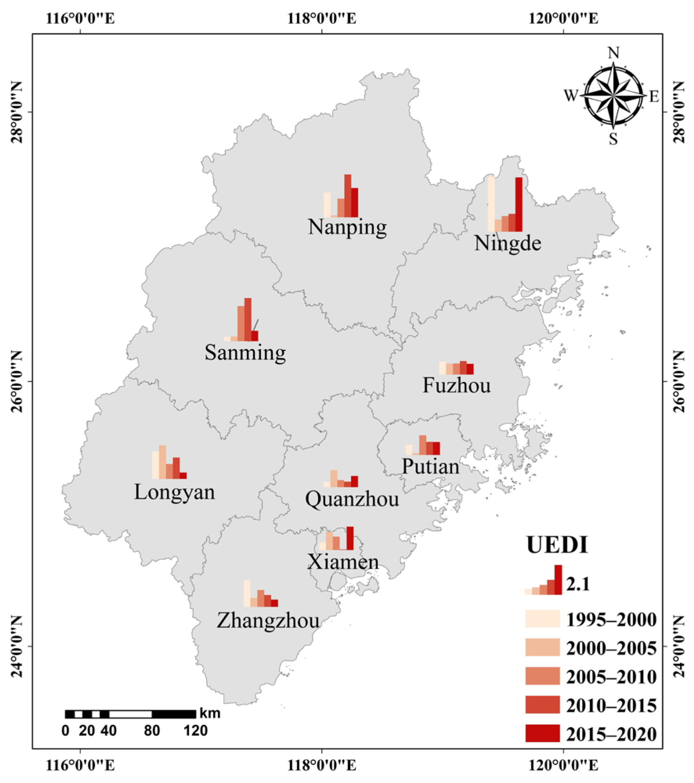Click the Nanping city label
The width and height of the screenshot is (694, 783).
coord(347,227)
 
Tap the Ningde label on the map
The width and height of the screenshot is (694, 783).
coord(507,243)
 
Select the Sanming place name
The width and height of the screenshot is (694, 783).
coord(245,352)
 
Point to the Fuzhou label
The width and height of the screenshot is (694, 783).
coord(457,385)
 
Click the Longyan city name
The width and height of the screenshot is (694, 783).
coord(174,492)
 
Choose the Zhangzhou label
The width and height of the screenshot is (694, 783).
coord(268,621)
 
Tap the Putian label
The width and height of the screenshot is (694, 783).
coord(430,466)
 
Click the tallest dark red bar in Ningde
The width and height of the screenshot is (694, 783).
coord(519,204)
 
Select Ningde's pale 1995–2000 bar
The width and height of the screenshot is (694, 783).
coord(491,204)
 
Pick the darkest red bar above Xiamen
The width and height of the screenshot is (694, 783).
coord(350,538)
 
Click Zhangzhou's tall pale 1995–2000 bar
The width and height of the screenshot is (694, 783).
coord(247,593)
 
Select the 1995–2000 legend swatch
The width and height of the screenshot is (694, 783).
coord(542,619)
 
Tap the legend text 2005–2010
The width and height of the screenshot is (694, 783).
coord(611,677)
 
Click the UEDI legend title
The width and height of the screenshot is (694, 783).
coord(557,545)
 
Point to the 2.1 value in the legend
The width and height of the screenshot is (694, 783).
coord(578,584)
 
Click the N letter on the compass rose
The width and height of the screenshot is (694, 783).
coord(614,53)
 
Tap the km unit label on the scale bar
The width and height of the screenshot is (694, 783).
coord(210,713)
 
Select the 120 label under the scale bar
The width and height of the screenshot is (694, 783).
coord(196,731)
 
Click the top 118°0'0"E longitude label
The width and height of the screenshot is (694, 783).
coord(322,18)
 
